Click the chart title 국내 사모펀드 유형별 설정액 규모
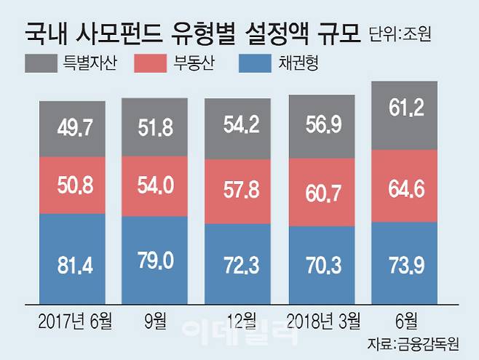(192, 32)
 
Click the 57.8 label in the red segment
(237, 191)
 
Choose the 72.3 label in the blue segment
(237, 263)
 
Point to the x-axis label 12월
(240, 318)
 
